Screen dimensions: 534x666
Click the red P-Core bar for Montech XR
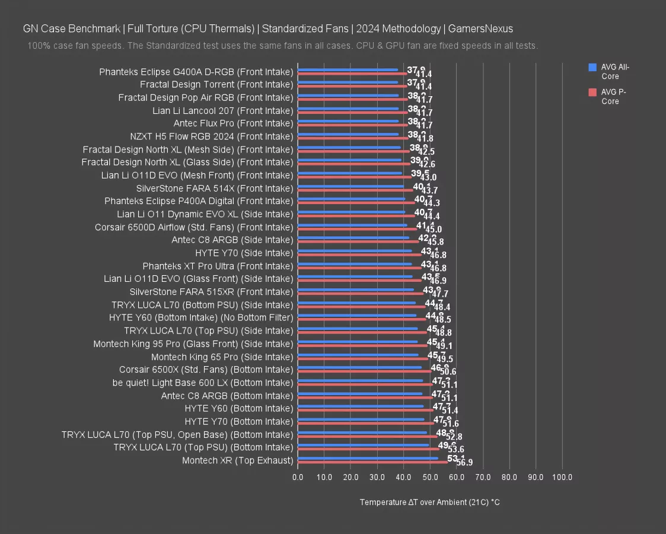tap(372, 462)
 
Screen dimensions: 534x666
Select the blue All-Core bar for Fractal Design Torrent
tap(348, 82)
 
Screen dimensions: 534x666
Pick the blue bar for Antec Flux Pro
tap(348, 121)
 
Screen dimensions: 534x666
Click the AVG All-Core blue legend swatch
tap(592, 68)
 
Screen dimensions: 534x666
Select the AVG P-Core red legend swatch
tap(592, 92)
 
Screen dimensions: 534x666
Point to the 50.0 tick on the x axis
tap(430, 476)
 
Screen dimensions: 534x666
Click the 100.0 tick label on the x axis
tap(562, 476)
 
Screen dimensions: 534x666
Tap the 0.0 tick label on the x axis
tap(298, 476)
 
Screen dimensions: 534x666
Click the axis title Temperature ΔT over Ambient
tap(429, 502)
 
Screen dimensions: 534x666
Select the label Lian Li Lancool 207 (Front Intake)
tap(222, 110)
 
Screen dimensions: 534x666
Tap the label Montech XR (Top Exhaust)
tap(237, 460)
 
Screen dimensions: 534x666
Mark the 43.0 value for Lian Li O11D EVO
tap(428, 177)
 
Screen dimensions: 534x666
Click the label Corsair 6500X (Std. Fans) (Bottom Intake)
tap(206, 370)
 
